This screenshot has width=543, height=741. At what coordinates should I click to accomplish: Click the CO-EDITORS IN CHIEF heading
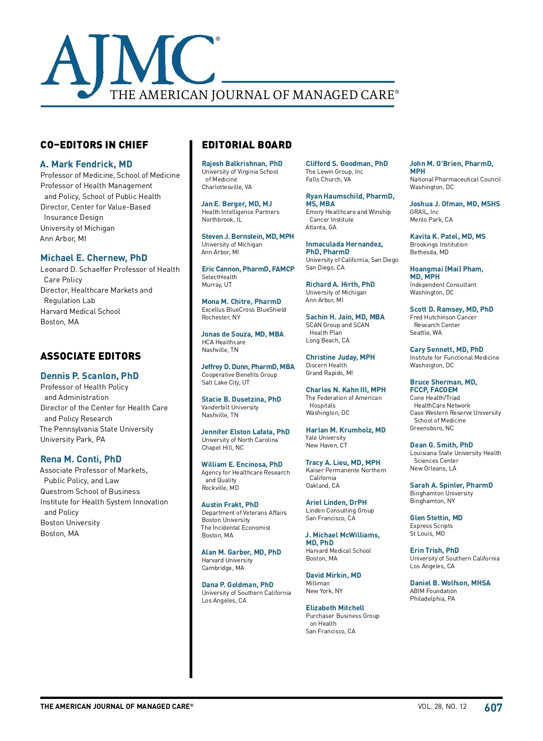click(x=94, y=145)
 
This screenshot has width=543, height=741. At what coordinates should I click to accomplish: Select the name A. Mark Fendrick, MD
click(x=86, y=164)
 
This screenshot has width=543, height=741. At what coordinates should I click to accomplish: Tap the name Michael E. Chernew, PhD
click(x=94, y=258)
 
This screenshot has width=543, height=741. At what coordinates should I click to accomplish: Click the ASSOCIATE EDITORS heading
click(x=90, y=356)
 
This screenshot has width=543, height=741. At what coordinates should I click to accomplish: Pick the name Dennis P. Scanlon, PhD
click(x=90, y=376)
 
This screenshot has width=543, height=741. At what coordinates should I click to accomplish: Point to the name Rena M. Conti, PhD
click(x=81, y=459)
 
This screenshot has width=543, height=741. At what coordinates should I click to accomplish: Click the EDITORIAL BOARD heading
click(x=247, y=145)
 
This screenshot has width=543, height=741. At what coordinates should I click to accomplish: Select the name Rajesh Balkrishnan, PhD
click(x=242, y=164)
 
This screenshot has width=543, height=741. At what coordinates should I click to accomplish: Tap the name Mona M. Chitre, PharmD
click(x=241, y=302)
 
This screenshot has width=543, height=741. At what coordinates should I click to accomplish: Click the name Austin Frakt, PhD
click(x=230, y=505)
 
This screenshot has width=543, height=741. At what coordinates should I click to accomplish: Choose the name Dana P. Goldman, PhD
click(x=238, y=585)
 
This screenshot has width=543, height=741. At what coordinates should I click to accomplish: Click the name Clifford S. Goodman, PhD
click(x=347, y=164)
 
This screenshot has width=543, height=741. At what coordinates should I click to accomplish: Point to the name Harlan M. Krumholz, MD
click(x=346, y=430)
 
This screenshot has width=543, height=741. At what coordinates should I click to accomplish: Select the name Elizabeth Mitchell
click(x=335, y=608)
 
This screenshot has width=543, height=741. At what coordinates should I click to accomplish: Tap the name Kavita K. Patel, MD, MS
click(x=448, y=237)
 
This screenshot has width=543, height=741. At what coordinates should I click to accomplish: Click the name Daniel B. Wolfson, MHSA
click(x=450, y=583)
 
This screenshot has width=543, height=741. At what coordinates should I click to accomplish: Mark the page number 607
click(x=493, y=708)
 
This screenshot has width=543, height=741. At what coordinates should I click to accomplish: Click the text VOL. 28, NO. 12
click(x=442, y=707)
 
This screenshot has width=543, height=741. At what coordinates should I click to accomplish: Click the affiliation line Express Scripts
click(x=431, y=526)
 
